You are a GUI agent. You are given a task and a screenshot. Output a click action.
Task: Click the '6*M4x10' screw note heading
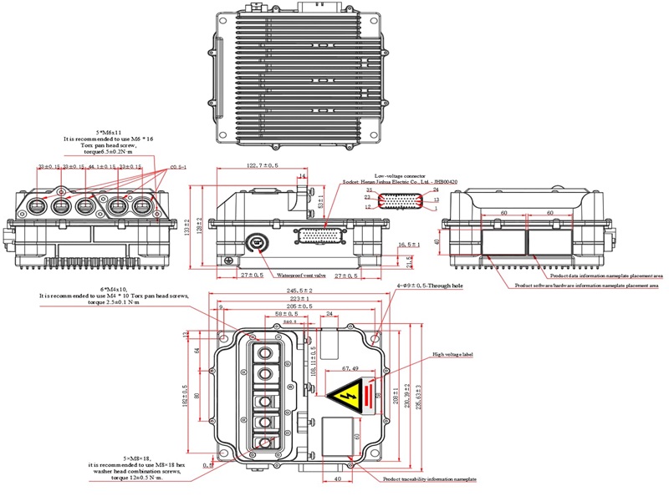coord(114,288)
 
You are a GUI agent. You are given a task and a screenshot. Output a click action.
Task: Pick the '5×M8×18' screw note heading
coord(113,458)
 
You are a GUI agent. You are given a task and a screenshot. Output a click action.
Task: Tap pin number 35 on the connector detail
coord(368,191)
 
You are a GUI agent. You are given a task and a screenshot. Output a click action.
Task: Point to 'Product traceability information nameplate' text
coord(429,480)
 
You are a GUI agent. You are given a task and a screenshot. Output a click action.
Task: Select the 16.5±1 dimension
coord(409,245)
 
